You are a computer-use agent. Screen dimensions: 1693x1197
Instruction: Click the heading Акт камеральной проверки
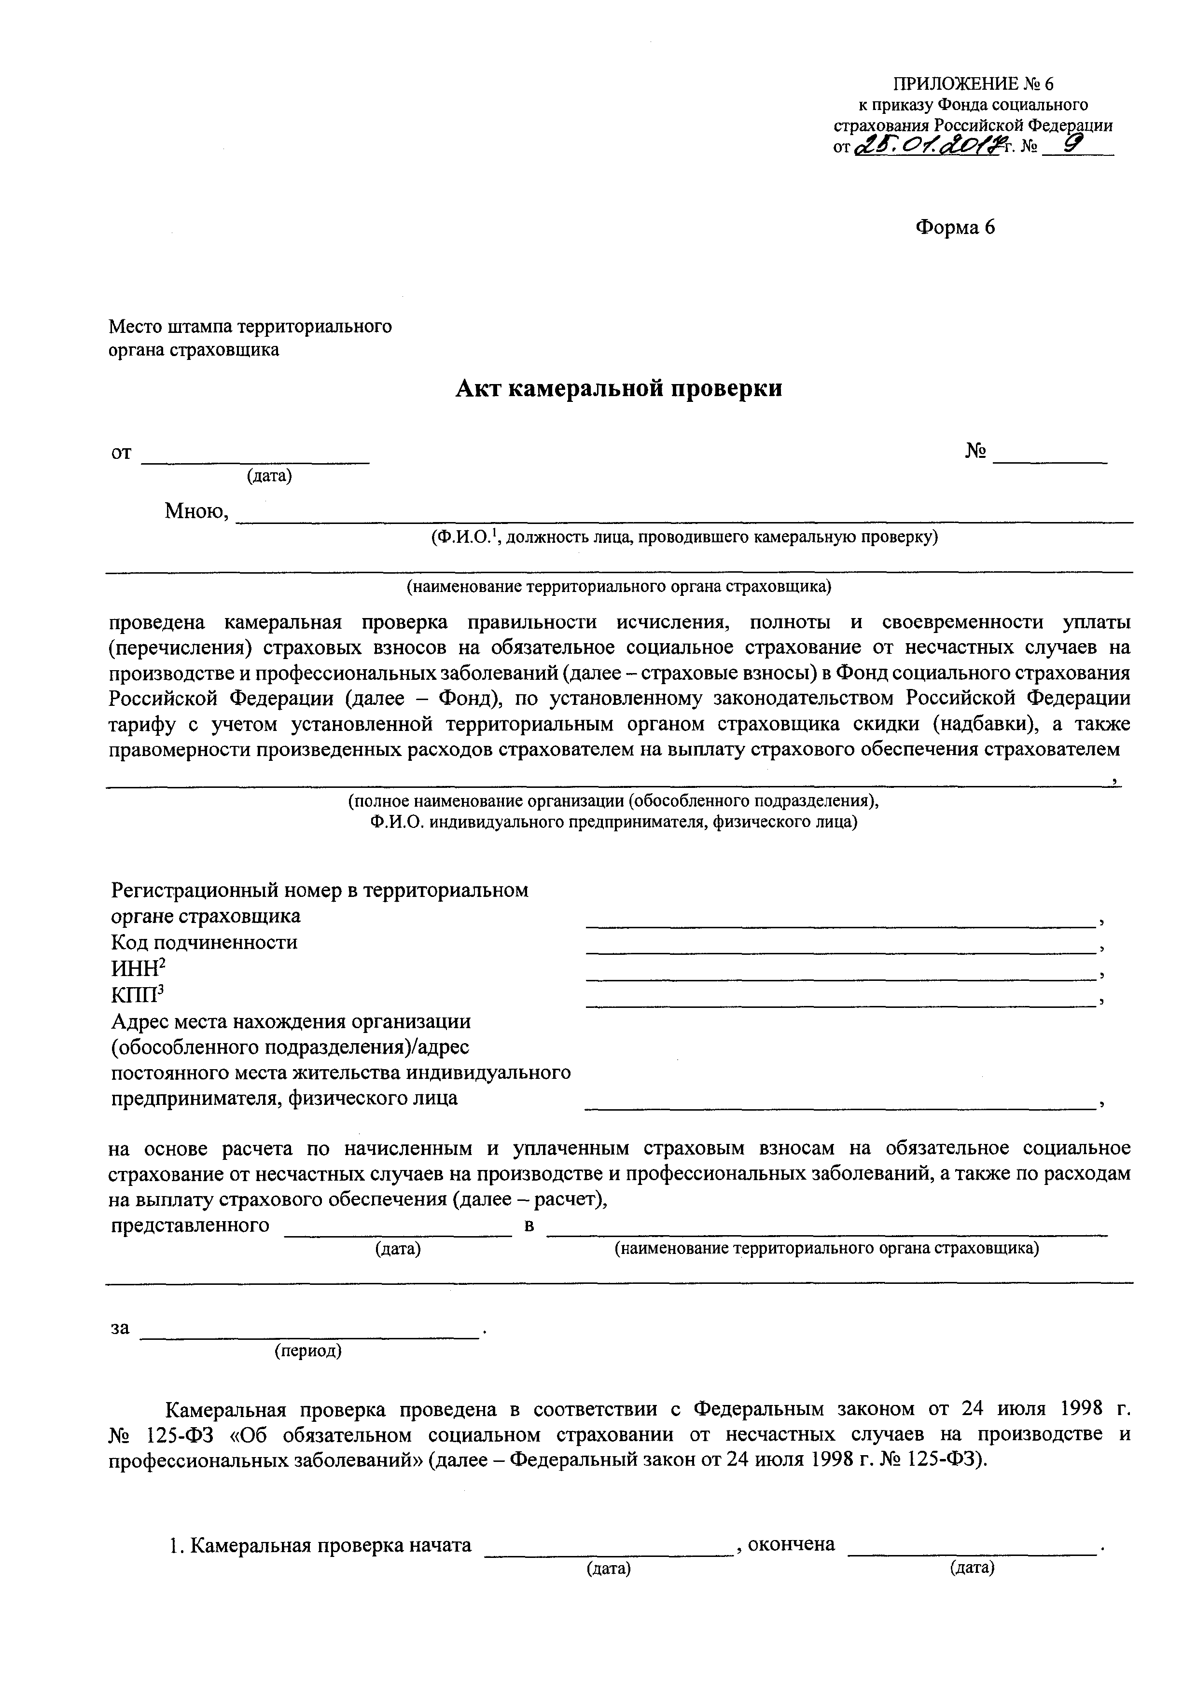pos(618,388)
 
